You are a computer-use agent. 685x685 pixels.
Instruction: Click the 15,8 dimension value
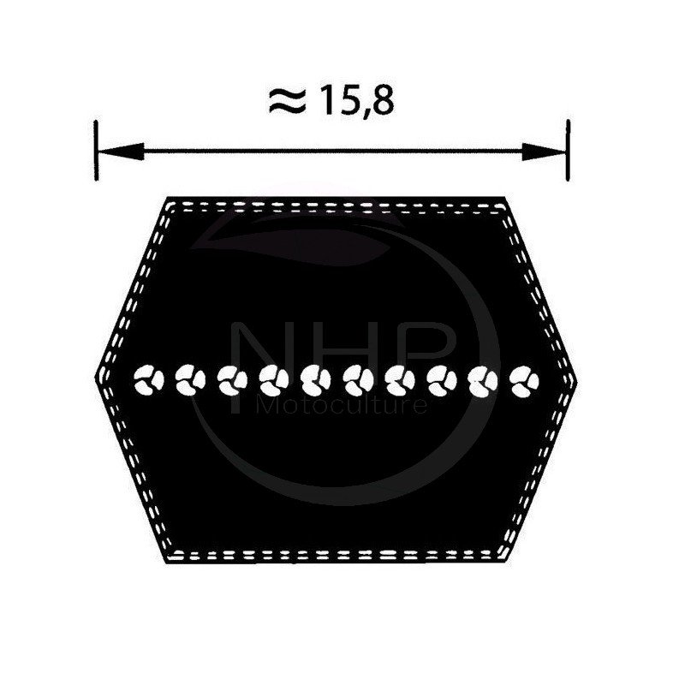(x=356, y=101)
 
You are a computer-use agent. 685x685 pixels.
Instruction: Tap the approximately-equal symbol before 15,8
(x=287, y=102)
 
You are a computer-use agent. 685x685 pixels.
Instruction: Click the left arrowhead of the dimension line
(x=120, y=152)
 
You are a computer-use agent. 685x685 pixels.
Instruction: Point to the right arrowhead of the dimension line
(x=544, y=152)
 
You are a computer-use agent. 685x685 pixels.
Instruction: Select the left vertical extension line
(x=96, y=151)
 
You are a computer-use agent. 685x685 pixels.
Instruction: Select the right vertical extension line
(x=568, y=150)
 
